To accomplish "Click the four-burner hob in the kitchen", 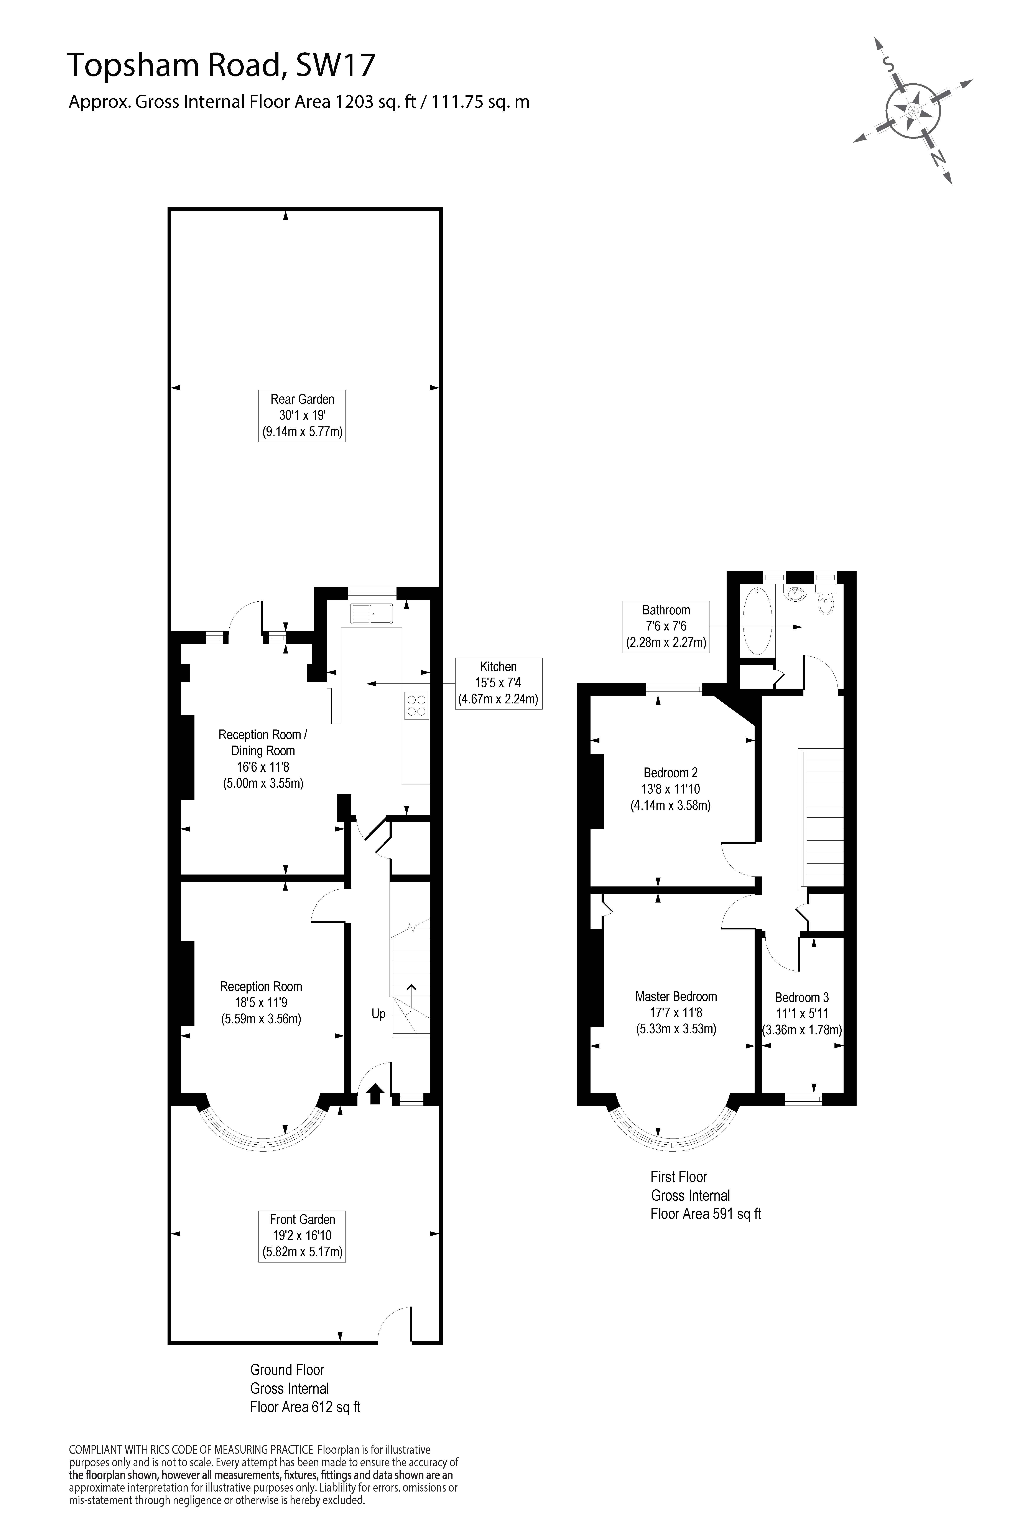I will (416, 705).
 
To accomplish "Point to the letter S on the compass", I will (888, 63).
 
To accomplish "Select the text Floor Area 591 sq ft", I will (706, 1214).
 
